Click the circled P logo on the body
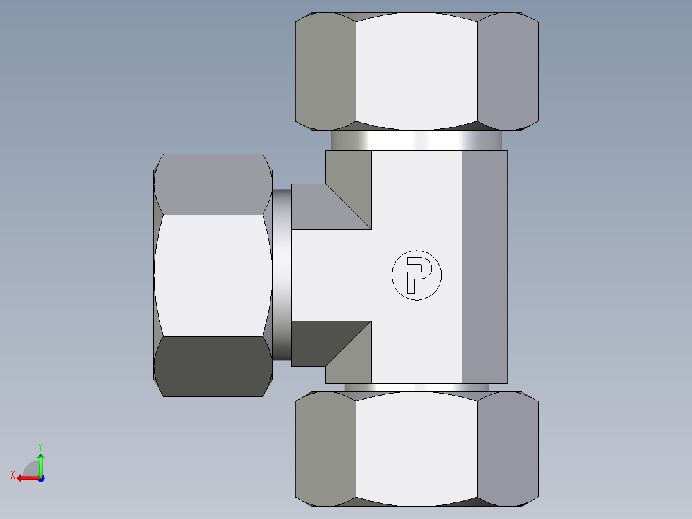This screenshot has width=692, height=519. pos(417,275)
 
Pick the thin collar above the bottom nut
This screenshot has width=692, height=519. pos(417,387)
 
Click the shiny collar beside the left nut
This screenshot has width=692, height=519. pos(281,275)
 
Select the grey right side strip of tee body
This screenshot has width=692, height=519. pos(485,267)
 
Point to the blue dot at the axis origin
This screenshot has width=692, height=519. pos(40,478)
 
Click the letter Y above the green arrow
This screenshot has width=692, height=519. pos(40,446)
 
